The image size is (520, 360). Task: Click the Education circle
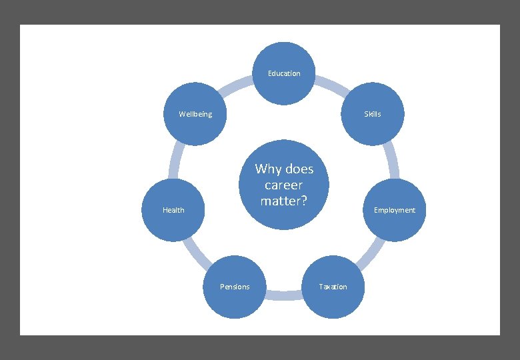pos(284,73)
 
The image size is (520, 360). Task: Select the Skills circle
pos(373,114)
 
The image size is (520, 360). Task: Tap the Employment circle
pos(394,210)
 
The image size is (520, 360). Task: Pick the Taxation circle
pos(333,287)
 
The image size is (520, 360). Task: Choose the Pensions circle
pos(235,287)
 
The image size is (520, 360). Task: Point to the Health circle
pos(173,210)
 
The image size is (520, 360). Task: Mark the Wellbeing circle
pos(195,114)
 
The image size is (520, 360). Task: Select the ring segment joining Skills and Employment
pos(393,161)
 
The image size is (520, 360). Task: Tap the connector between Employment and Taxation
pos(371,252)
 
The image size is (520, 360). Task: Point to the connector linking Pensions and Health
pos(197,252)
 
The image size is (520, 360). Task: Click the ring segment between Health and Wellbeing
pos(175,161)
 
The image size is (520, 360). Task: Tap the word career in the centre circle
pos(284,185)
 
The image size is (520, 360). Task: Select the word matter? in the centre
pos(284,200)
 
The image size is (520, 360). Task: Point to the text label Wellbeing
pos(195,114)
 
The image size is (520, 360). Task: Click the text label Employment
pos(394,210)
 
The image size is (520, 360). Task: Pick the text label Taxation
pos(333,287)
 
